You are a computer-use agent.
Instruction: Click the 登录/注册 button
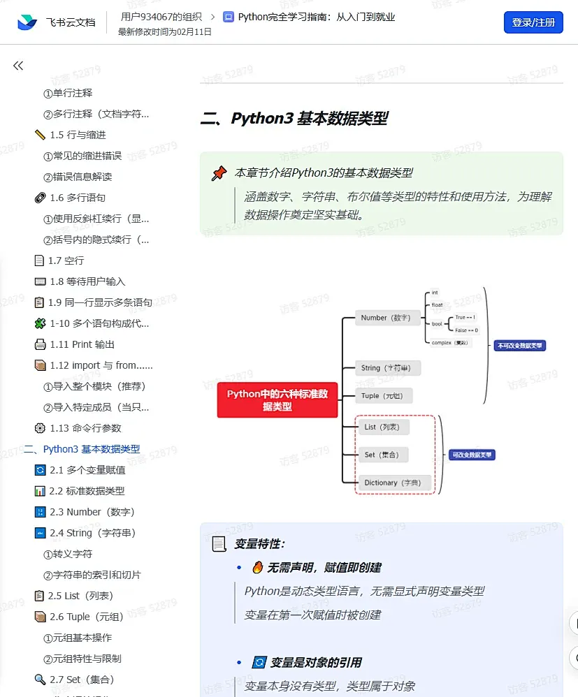point(533,22)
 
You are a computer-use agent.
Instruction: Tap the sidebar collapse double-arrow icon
point(18,66)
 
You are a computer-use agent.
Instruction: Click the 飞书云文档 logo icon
point(27,22)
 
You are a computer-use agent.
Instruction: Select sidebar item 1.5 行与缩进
point(78,135)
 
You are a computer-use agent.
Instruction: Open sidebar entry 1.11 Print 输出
point(82,344)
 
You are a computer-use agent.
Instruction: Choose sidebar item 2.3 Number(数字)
point(92,512)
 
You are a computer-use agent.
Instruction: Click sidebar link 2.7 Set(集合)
point(82,680)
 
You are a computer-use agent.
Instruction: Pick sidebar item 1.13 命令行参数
point(85,428)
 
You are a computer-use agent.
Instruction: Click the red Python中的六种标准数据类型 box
point(277,400)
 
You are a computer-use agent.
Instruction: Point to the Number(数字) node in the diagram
point(385,318)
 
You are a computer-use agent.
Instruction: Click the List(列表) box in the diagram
point(382,427)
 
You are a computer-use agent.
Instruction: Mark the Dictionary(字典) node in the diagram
point(391,483)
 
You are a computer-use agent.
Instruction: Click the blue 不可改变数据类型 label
point(519,345)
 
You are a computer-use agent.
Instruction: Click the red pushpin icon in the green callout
point(219,173)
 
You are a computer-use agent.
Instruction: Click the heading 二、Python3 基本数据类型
point(294,119)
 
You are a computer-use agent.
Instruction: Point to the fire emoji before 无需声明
point(257,567)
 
